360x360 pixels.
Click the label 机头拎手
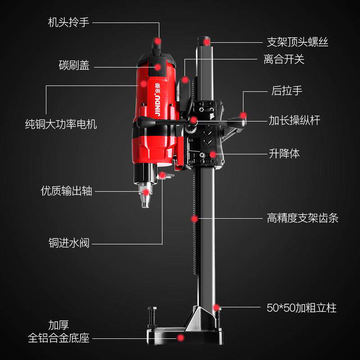coord(68,22)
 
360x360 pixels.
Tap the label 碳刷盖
coord(74,66)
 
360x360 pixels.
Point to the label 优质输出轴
coord(67,191)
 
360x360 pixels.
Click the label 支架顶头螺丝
coord(297,42)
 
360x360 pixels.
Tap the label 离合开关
coord(284,59)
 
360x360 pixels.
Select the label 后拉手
coord(287,90)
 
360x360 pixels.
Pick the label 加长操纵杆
coord(294,121)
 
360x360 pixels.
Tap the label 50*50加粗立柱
coord(301,308)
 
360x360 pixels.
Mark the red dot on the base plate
coord(181,337)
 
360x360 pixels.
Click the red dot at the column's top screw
coord(207,42)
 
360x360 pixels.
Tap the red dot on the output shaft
coord(146,192)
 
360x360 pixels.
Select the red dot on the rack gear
coord(194,219)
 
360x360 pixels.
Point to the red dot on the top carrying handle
coord(157,41)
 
